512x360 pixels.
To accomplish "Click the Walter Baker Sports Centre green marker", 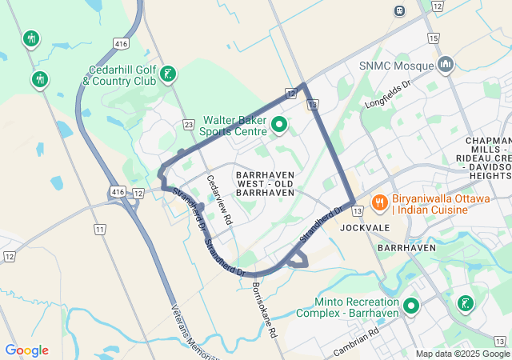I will pos(279,124).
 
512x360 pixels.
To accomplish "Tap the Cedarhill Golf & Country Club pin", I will pos(167,74).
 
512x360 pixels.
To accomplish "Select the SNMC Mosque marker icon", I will pos(446,63).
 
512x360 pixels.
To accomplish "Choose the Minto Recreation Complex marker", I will pos(411,306).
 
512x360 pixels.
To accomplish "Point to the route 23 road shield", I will pos(188,124).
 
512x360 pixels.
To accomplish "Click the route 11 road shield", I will pos(100,230).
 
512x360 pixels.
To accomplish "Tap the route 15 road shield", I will pos(433,38).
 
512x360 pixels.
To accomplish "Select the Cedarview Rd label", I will pos(218,199).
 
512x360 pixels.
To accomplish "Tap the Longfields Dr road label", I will pos(387,94).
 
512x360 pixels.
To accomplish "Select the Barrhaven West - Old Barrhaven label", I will pos(266,183).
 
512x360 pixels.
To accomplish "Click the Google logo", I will pos(26,350).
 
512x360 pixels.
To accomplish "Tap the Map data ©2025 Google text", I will pos(462,354).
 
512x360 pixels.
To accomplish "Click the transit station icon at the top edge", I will pos(398,10).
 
